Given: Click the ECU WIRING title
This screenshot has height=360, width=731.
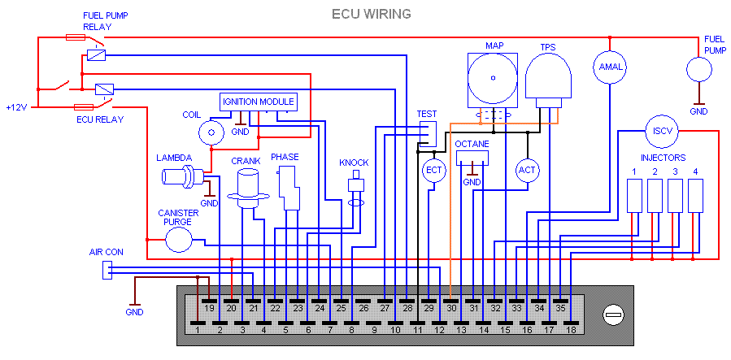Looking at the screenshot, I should [x=372, y=14].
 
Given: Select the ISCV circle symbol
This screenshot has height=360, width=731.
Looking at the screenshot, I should [x=658, y=130].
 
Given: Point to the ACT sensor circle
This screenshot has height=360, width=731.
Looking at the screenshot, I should [x=528, y=169].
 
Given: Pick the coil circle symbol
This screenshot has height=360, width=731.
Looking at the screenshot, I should [x=212, y=130].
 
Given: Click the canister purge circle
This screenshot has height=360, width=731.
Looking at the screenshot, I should [x=178, y=239].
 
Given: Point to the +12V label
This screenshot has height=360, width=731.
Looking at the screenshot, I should [x=16, y=107].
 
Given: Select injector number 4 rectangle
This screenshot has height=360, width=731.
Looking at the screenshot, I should [x=694, y=196].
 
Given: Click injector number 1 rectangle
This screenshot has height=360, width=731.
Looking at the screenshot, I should [x=633, y=196].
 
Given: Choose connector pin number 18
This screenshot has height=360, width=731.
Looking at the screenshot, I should [x=571, y=330].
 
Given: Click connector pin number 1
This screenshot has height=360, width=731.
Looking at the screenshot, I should [x=198, y=330].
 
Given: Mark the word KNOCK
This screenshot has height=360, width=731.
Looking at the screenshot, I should [x=354, y=163].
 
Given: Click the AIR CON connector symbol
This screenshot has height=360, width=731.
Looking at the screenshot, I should [x=107, y=270].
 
